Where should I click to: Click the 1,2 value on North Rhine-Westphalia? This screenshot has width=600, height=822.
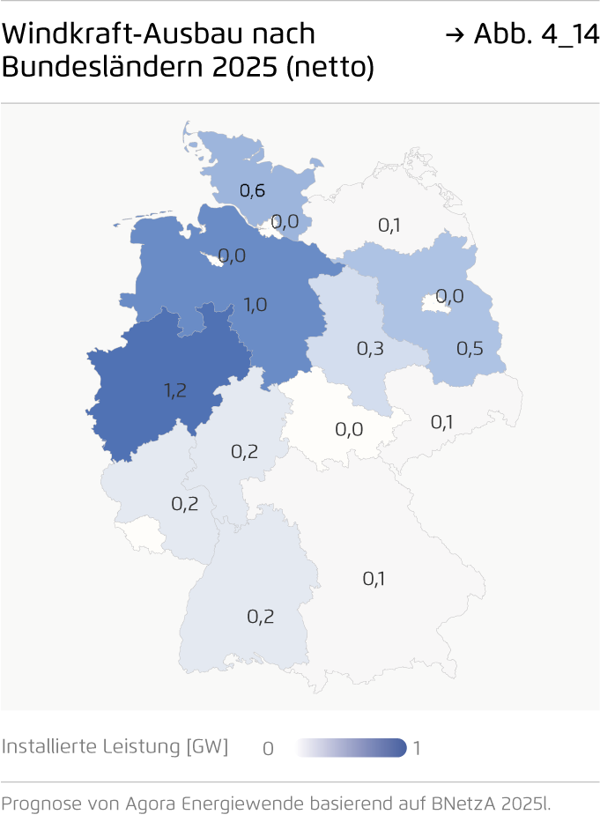(x=174, y=390)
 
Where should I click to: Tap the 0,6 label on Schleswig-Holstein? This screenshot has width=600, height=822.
(x=252, y=189)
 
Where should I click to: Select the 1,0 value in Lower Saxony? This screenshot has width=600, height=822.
(x=256, y=305)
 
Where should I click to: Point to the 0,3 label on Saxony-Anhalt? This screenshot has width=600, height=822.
(x=370, y=348)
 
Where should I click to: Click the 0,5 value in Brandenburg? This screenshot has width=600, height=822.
(x=470, y=348)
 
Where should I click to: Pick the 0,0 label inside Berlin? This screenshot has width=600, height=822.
(x=449, y=296)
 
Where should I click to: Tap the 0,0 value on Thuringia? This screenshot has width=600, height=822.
(x=349, y=429)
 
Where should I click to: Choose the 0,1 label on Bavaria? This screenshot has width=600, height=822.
(x=374, y=578)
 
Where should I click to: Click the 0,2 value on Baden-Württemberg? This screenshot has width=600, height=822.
(x=260, y=616)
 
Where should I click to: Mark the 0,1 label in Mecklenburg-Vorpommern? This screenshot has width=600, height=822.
(x=389, y=225)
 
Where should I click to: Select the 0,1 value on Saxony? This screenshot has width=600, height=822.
(x=442, y=422)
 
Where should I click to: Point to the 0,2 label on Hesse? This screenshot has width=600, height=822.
(x=244, y=451)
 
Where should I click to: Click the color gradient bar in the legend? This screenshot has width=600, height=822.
(x=351, y=748)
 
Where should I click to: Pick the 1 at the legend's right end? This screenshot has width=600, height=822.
(x=417, y=749)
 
